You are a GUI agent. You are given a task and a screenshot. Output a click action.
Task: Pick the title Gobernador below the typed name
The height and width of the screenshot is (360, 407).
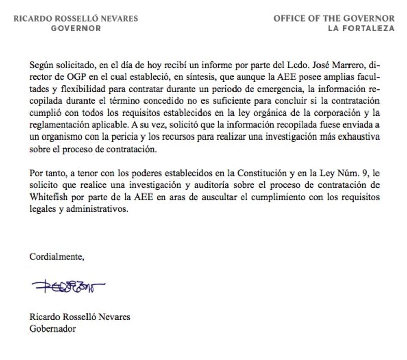coord(52,328)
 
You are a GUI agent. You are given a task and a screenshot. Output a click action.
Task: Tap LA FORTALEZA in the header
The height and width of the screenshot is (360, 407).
coord(361,28)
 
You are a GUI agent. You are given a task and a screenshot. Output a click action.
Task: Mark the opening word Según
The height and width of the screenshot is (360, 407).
coord(41,65)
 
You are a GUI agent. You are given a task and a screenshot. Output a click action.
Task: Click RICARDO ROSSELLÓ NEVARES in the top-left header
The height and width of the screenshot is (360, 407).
coord(76,18)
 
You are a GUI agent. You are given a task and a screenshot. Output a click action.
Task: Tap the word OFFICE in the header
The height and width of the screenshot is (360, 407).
coord(290,18)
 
